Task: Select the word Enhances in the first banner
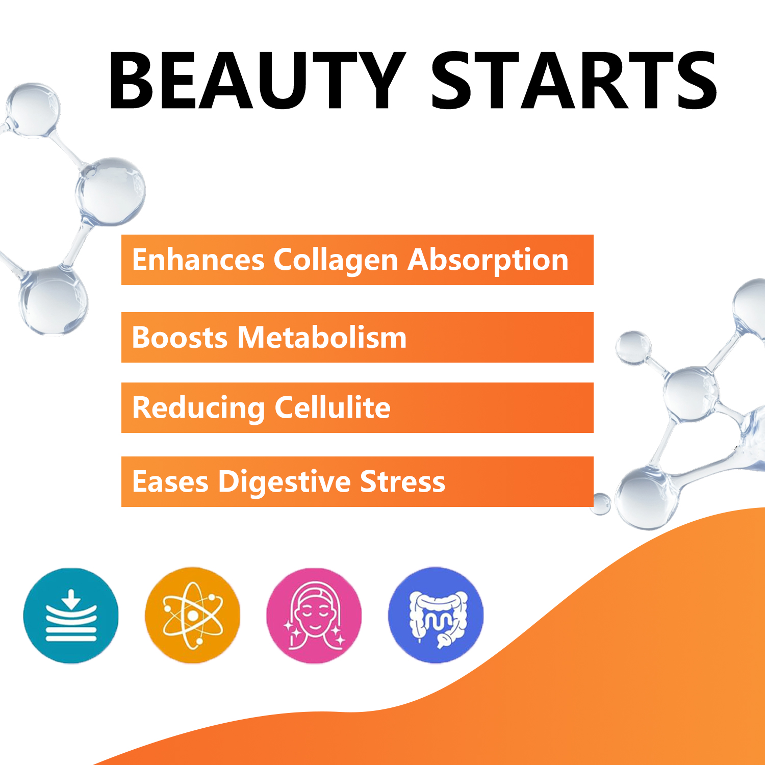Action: click(x=198, y=260)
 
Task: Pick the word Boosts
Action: click(x=180, y=338)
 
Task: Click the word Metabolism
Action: click(x=322, y=338)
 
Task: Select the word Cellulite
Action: click(x=333, y=407)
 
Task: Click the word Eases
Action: click(x=170, y=482)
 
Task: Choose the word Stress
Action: click(x=402, y=482)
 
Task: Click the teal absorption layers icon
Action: click(x=71, y=616)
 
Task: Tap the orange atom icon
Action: click(x=192, y=616)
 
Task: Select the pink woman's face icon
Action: click(x=314, y=616)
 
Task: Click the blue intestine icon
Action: click(x=436, y=616)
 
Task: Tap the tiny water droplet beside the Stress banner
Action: click(x=601, y=503)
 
